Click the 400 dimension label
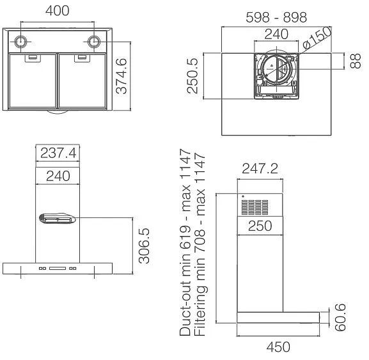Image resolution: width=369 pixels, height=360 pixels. [x=58, y=11]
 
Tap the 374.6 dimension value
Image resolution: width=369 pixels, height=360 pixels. [x=122, y=76]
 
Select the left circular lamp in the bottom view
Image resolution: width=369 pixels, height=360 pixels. [x=20, y=42]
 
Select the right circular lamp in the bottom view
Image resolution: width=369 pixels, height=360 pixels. [x=94, y=42]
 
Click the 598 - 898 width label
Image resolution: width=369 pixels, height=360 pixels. [x=276, y=17]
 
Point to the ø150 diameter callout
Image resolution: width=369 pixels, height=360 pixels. [x=317, y=38]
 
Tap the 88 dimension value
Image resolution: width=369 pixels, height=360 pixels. [x=355, y=61]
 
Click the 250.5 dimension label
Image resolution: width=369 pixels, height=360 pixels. [x=192, y=75]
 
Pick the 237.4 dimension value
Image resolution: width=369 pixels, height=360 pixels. [x=58, y=153]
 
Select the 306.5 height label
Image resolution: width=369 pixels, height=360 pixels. [x=144, y=246]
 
